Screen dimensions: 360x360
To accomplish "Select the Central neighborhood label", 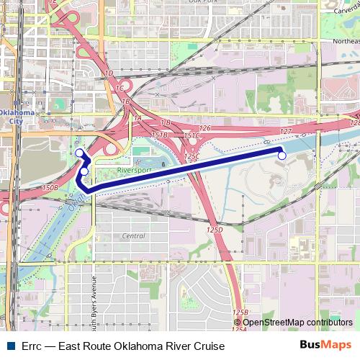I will click(x=134, y=236).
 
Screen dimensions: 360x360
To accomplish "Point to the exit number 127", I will click(x=285, y=132).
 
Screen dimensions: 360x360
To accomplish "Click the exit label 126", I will click(x=205, y=128).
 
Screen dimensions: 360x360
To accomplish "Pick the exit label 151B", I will click(x=159, y=135).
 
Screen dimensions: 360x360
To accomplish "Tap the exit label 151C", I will click(x=192, y=135).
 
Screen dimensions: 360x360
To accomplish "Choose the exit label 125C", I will click(x=192, y=156).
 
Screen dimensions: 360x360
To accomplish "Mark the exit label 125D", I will click(x=215, y=230).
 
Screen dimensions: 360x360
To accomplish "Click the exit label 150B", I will click(x=50, y=188).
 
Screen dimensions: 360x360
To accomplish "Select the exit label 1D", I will click(x=109, y=73).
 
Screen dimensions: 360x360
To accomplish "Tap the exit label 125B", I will click(x=241, y=312).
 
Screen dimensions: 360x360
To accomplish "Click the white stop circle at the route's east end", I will click(x=282, y=155).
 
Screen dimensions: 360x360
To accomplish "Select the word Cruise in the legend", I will click(x=207, y=346).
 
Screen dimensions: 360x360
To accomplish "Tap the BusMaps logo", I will click(x=326, y=346).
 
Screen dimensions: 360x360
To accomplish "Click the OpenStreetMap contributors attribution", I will click(x=297, y=322).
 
